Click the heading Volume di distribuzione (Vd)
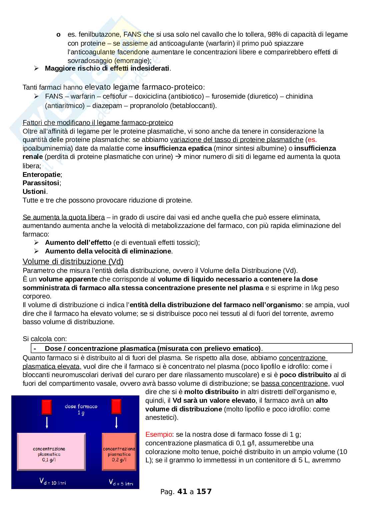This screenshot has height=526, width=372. (73, 262)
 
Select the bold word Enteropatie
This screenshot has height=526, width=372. (42, 175)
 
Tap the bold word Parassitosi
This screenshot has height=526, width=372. (41, 183)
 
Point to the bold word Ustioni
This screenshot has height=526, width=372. (34, 192)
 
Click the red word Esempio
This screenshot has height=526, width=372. (158, 434)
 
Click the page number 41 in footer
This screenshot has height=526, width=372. (182, 491)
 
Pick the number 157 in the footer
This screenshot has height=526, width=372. (204, 491)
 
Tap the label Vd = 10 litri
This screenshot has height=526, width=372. (53, 482)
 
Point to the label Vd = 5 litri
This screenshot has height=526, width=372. (121, 482)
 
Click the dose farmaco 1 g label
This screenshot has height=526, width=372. (81, 409)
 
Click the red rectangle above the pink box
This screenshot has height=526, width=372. (47, 407)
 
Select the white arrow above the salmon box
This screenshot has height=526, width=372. (116, 423)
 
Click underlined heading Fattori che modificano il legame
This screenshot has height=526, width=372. (98, 123)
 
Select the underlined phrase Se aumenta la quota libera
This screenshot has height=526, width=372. (64, 217)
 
